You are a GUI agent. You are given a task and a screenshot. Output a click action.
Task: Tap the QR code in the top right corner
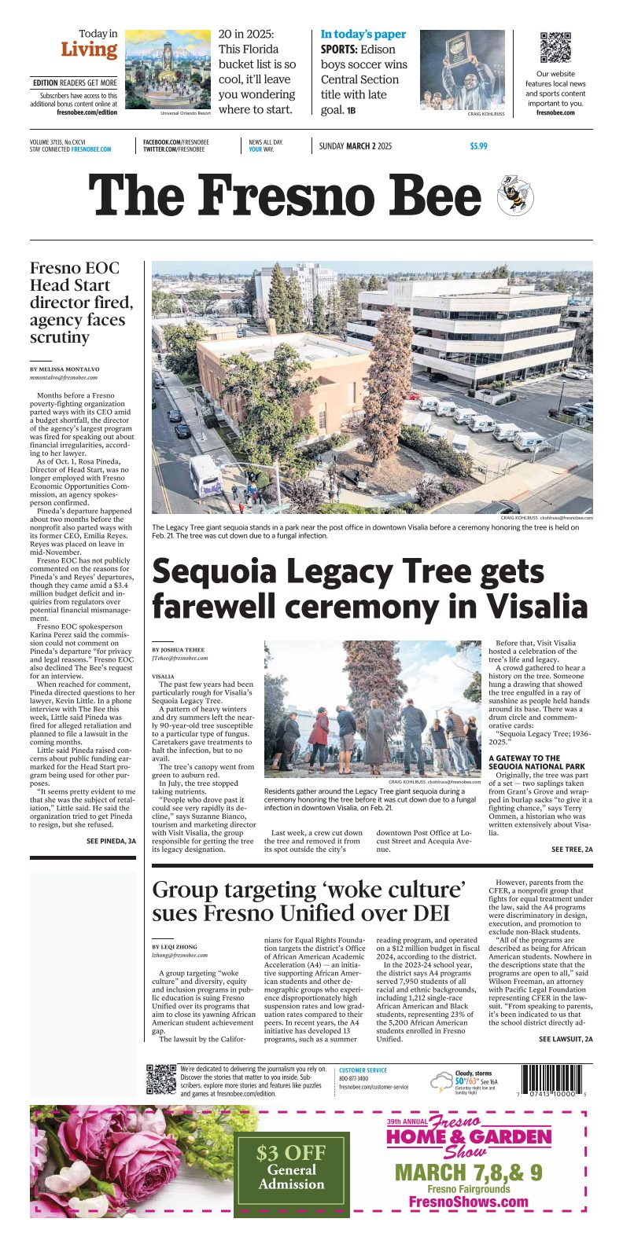(555, 47)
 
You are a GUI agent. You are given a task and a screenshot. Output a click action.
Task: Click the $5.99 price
(478, 146)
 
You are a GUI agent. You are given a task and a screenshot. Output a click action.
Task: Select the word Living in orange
(89, 50)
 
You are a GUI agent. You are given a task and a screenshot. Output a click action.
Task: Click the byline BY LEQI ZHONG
(174, 947)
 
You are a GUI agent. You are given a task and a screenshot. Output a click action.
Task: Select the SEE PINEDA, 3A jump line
(111, 841)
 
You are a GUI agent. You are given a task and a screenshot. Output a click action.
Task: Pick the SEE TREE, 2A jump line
(572, 850)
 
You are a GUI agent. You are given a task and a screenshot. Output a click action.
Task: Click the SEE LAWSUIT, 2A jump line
(566, 1039)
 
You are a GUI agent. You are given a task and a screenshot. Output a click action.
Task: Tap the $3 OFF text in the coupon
(292, 1153)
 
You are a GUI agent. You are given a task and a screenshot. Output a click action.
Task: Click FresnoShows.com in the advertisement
(468, 1224)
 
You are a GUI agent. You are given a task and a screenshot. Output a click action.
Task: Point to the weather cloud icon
(441, 1082)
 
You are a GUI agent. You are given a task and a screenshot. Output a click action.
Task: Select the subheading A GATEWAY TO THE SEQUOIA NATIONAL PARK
(536, 762)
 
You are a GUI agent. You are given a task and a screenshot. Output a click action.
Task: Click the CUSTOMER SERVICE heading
(363, 1070)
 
